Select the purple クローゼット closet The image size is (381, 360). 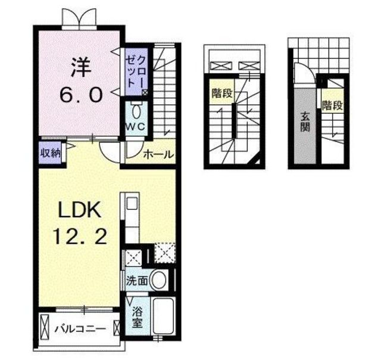coord(131,70)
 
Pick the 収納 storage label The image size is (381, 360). coord(50,152)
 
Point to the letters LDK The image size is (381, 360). coord(82,212)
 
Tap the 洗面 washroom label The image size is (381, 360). coord(136,281)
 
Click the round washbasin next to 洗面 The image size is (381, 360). coord(158,280)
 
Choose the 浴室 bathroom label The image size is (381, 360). coord(137,318)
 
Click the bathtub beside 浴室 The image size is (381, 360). coord(163,316)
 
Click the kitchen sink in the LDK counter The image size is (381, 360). coord(131,203)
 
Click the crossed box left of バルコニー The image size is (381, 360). coord(46,327)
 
